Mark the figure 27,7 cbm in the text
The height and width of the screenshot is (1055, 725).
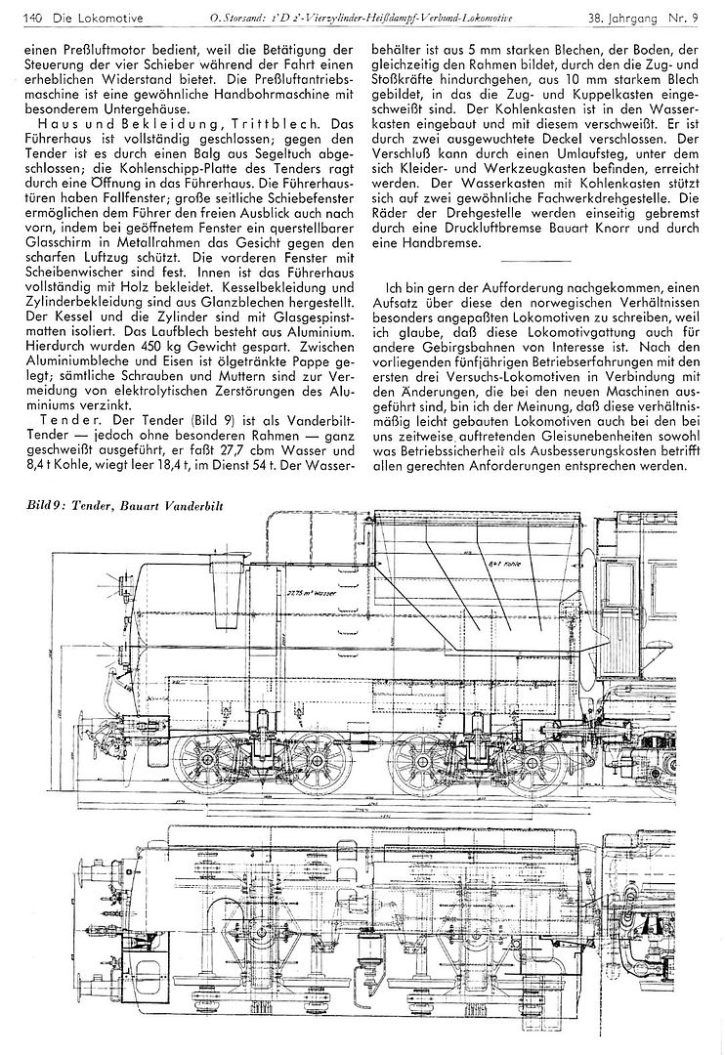251,451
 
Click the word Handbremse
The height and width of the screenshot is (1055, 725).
436,244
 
